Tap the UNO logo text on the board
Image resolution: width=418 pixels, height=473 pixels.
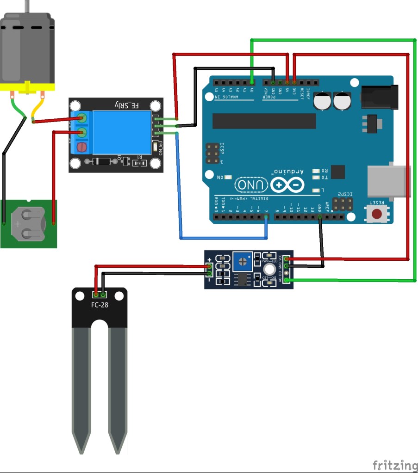click(252, 185)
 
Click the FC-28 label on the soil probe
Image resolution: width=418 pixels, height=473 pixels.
click(100, 305)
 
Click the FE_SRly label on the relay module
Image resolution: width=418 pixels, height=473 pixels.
click(127, 105)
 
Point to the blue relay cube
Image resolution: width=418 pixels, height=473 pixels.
click(121, 132)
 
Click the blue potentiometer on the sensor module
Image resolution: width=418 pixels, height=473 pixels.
click(243, 262)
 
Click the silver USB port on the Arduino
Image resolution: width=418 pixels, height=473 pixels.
click(389, 181)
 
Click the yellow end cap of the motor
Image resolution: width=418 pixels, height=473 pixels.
click(28, 87)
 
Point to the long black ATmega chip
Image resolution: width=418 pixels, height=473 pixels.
click(264, 121)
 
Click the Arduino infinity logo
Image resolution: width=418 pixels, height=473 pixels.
click(287, 185)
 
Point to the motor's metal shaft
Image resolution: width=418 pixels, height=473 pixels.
click(28, 6)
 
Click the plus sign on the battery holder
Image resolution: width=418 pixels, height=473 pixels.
click(18, 224)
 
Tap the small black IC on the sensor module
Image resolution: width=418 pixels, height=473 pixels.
click(241, 278)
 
